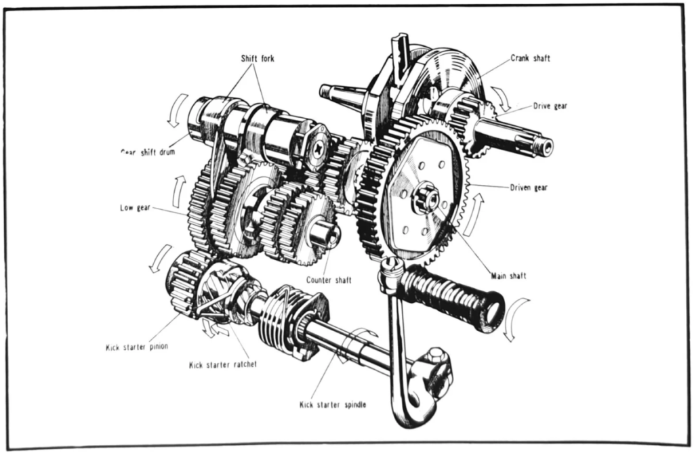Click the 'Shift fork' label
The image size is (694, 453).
[x=258, y=58]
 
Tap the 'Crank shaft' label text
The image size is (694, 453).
[x=530, y=58]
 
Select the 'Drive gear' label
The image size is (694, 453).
[x=550, y=106]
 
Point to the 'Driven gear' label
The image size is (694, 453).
[x=528, y=188]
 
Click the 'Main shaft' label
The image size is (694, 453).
[x=508, y=276]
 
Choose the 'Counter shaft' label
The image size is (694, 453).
[x=328, y=280]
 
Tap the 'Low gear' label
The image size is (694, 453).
[x=135, y=208]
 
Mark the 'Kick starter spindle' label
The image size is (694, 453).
[x=333, y=405]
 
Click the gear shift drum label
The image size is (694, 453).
[x=147, y=152]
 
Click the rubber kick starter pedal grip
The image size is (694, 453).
[x=450, y=297]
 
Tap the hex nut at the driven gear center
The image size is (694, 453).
[x=425, y=198]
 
